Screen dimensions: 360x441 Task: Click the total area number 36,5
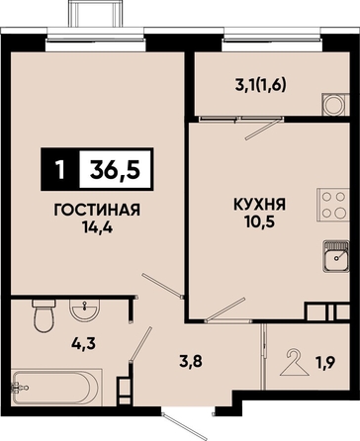tap(115, 169)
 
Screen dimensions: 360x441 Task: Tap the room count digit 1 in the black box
tap(60, 169)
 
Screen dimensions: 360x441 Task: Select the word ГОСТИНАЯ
tap(97, 210)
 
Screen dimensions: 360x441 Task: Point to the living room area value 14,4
tap(97, 227)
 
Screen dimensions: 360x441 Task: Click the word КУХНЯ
tap(260, 205)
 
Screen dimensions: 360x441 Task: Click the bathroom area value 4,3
tap(83, 344)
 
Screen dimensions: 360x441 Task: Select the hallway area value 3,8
tap(190, 362)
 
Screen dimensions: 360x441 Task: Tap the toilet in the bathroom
tap(44, 315)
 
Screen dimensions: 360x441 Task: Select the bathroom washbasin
tap(84, 310)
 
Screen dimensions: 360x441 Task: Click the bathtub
tap(55, 388)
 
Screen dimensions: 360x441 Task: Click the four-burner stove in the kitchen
tap(333, 205)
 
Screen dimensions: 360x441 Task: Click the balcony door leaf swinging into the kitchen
tap(262, 130)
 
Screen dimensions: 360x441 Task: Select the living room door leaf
tap(162, 286)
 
